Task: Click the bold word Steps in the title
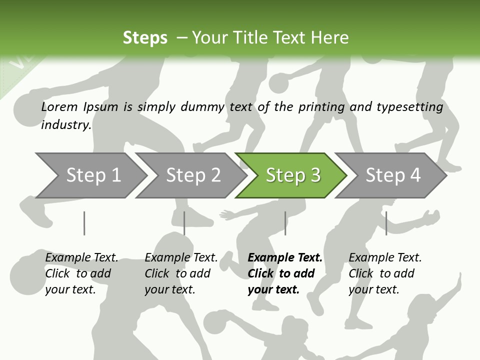pos(145,38)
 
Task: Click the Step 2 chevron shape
pos(193,175)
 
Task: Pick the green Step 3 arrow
pos(293,175)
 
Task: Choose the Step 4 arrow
pos(393,175)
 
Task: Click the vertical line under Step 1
pos(84,223)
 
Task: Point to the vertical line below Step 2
pos(184,223)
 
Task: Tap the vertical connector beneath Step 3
pos(285,223)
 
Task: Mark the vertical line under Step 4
pos(386,223)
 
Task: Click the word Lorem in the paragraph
pos(59,107)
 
